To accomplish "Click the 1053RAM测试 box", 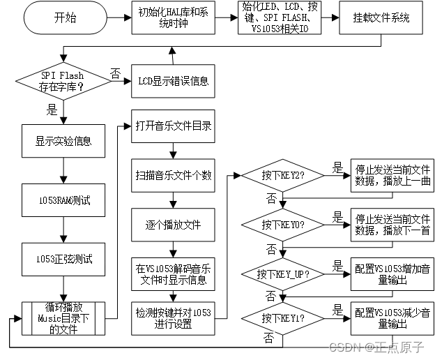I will coord(63,201).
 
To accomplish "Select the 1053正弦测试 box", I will coord(63,260).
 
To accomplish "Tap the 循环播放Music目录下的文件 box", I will coord(63,318).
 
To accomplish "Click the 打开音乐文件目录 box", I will coord(173,126).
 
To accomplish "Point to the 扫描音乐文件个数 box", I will coord(173,175).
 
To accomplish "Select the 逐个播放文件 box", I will coord(173,224).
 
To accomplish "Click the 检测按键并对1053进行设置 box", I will coord(173,318).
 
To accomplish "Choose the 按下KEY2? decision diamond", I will coord(281,176).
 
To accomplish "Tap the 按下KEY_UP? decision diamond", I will coord(281,273).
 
